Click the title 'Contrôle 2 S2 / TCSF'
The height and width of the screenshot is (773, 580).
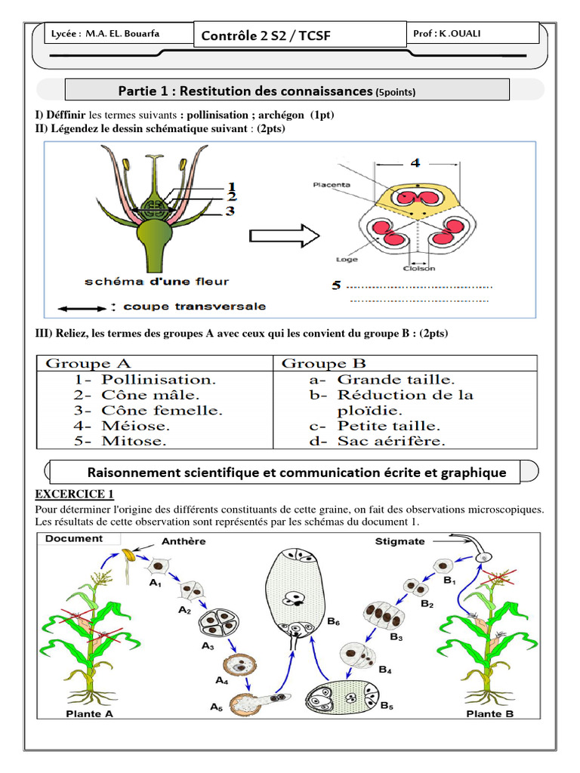tap(266, 35)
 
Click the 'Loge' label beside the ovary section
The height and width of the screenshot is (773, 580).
tap(347, 259)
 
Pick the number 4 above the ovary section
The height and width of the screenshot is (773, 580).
tap(415, 162)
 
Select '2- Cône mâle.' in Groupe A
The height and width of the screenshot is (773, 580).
tap(137, 395)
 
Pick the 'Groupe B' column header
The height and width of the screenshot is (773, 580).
tap(314, 364)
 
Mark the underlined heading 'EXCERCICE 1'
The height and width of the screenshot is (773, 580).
tap(74, 494)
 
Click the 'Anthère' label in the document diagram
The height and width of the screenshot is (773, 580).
tap(184, 541)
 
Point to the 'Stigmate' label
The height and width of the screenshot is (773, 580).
tap(400, 541)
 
